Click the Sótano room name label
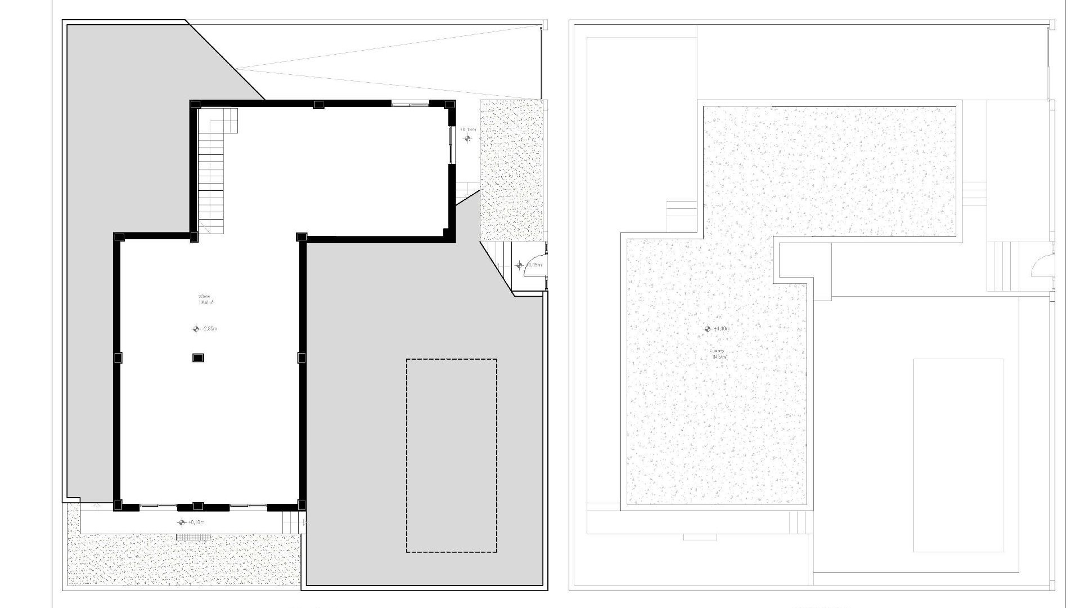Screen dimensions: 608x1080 point(204,296)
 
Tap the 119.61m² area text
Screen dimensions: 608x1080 point(205,302)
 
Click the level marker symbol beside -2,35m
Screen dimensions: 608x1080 point(196,329)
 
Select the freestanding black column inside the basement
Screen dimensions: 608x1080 point(198,357)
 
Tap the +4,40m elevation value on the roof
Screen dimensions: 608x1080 point(722,329)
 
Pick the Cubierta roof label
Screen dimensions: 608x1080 point(717,351)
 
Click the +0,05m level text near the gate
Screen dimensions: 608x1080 point(534,265)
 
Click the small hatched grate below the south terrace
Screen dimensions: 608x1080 point(193,538)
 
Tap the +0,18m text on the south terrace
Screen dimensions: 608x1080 point(196,522)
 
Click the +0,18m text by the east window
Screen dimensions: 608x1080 point(468,129)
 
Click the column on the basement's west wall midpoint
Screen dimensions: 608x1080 point(118,357)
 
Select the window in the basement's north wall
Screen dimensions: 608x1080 point(409,104)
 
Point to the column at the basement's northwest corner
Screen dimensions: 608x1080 point(195,105)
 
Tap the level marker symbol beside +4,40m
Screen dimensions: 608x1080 point(708,329)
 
